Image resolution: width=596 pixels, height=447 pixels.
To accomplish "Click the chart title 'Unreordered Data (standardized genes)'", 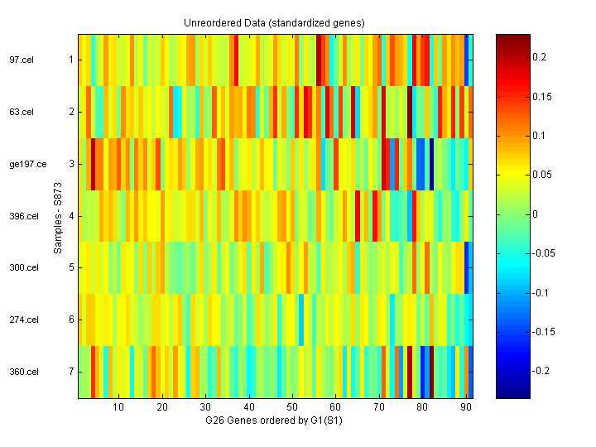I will click(x=274, y=22).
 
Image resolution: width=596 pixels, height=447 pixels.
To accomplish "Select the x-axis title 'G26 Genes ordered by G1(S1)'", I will click(x=274, y=421).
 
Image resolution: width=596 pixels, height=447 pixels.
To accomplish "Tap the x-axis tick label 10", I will click(x=118, y=407).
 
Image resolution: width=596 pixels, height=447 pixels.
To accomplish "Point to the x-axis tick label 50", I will click(x=292, y=407).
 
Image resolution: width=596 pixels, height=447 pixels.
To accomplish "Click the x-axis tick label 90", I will click(x=465, y=407).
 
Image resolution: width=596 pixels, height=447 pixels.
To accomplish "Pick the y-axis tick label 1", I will click(x=70, y=60).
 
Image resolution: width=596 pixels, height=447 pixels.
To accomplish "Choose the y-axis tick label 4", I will click(x=70, y=216).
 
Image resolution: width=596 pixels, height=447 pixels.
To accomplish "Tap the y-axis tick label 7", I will click(x=70, y=372).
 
